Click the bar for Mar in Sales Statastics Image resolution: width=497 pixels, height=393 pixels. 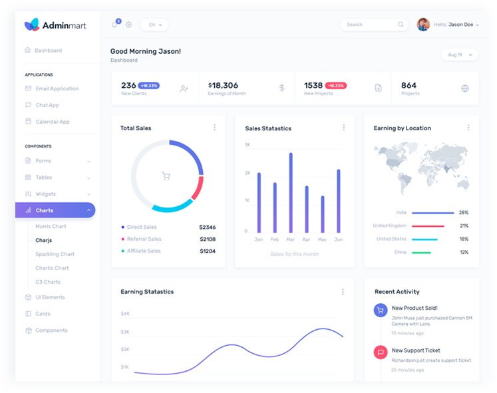(x=291, y=193)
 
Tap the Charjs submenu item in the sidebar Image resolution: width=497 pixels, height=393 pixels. (x=44, y=240)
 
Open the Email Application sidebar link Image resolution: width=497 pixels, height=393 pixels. (x=57, y=88)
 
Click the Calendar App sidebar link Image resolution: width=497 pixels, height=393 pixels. (x=53, y=122)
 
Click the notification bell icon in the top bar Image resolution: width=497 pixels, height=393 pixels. (x=114, y=25)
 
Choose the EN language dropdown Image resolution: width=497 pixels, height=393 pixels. (x=154, y=25)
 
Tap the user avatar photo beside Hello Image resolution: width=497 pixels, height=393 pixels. (x=423, y=25)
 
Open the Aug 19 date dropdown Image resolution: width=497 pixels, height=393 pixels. (x=459, y=55)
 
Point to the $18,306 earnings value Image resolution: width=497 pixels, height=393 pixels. (x=224, y=85)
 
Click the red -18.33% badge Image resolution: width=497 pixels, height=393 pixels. (x=336, y=86)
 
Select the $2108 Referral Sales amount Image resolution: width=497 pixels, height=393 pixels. (x=208, y=239)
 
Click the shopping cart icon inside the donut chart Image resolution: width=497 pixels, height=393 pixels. (x=166, y=176)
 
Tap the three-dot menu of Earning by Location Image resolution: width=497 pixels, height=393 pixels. (x=468, y=128)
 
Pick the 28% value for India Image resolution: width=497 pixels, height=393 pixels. (x=464, y=213)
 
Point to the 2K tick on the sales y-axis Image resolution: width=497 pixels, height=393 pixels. (x=248, y=173)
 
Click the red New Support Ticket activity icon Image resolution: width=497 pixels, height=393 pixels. (x=381, y=352)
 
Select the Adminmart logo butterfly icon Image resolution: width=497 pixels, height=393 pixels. (x=32, y=25)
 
